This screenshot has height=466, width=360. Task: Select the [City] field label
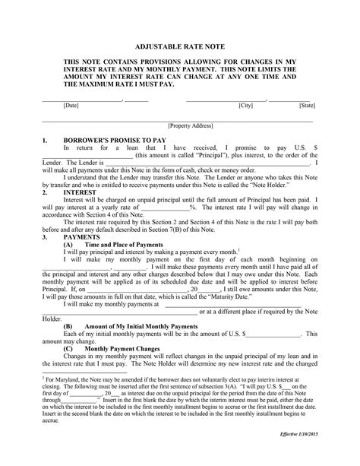coord(245,106)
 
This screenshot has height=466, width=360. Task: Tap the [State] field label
coord(307,106)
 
